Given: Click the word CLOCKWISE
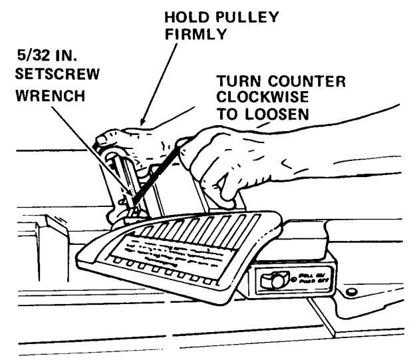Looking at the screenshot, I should pyautogui.click(x=250, y=98).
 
